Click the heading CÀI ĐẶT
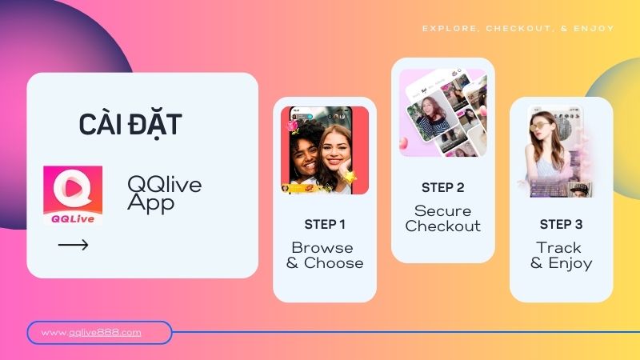(x=130, y=125)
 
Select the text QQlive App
(x=164, y=194)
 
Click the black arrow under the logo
(x=74, y=245)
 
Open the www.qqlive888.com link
(x=91, y=332)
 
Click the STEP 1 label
(x=325, y=224)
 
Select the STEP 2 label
(x=442, y=187)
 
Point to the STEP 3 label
(x=561, y=224)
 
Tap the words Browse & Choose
(x=325, y=255)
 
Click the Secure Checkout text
(x=442, y=218)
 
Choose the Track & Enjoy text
(x=561, y=255)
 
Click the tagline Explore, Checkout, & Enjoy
(x=518, y=28)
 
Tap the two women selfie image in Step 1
(x=325, y=150)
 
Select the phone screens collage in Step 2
(x=442, y=112)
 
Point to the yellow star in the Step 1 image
(x=349, y=176)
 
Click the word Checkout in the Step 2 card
(x=442, y=226)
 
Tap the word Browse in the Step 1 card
(x=322, y=247)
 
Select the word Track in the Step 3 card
(x=560, y=247)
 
